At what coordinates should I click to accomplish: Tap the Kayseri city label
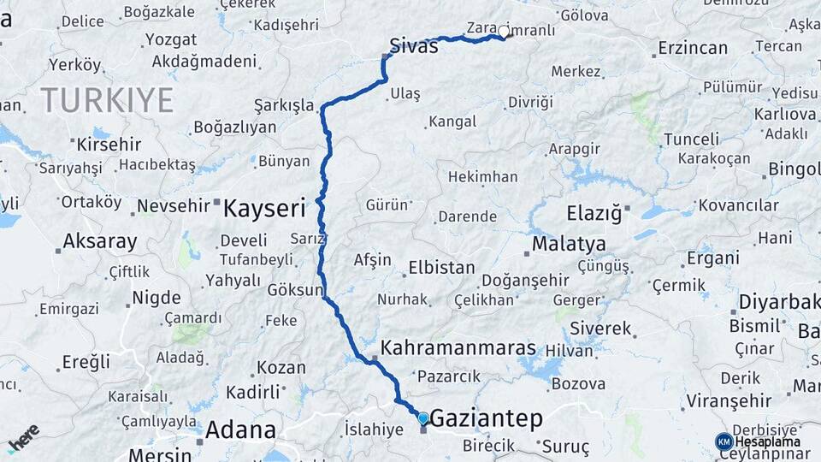[x=264, y=207]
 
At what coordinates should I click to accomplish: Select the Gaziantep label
[x=486, y=418]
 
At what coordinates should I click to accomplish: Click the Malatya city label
[x=569, y=245]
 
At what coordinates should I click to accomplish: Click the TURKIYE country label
[x=107, y=100]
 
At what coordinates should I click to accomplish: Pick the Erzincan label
[x=694, y=49]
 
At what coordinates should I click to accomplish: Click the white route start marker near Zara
[x=504, y=33]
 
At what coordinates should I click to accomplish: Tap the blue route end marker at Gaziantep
[x=422, y=418]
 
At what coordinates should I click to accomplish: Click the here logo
[x=23, y=438]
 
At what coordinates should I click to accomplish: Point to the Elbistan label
[x=441, y=267]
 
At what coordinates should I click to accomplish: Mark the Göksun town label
[x=294, y=289]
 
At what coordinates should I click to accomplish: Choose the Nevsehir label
[x=174, y=205]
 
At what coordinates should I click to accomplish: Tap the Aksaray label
[x=100, y=241]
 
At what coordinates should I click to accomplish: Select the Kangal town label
[x=452, y=121]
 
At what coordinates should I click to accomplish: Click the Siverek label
[x=600, y=328]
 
